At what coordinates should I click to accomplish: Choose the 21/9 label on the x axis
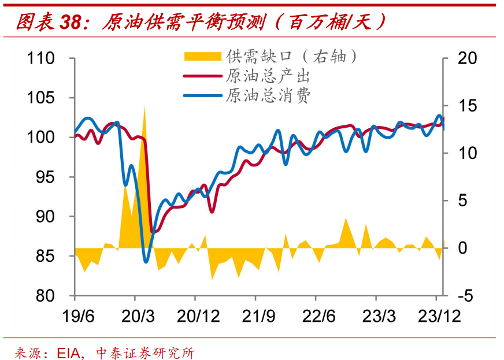tap(255, 316)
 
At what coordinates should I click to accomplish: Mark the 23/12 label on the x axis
tap(437, 316)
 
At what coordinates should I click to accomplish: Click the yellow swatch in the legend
tap(202, 56)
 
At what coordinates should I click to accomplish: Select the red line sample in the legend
tap(202, 76)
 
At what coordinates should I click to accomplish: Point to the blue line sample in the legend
tap(202, 95)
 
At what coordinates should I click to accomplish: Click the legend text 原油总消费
tap(269, 95)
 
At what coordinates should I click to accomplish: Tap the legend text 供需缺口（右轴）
tap(292, 56)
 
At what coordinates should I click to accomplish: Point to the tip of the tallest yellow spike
tap(144, 106)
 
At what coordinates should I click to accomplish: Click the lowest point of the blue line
tap(146, 262)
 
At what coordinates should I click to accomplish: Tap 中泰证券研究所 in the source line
tap(145, 351)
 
